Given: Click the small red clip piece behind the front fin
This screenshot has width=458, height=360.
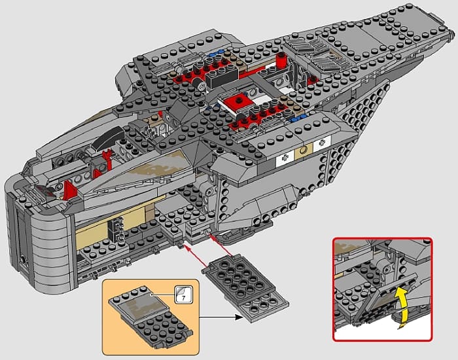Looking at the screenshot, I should click(106, 158).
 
